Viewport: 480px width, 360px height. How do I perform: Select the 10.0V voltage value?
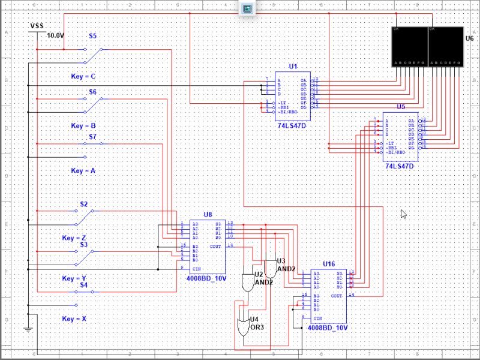pos(55,36)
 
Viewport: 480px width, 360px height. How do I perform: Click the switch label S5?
pos(93,36)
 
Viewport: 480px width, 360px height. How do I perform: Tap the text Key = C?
pos(83,77)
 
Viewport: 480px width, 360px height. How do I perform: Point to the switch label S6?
pos(93,92)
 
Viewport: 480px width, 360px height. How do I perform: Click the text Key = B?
pos(83,126)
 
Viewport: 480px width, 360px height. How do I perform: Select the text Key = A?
pos(83,171)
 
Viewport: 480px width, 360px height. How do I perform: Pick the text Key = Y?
pos(74,279)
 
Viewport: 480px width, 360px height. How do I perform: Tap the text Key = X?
pos(74,319)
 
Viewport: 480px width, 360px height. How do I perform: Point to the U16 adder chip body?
pos(328,296)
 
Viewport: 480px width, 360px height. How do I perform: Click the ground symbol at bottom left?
pos(27,329)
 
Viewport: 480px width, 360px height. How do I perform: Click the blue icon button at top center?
pos(247,8)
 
